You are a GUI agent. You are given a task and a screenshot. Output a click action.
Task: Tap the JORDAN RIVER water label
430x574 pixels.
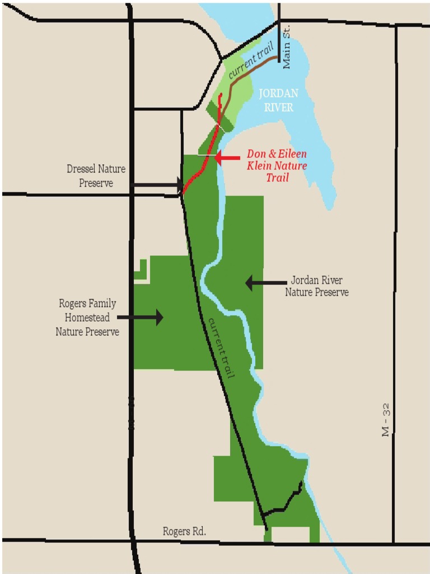[278, 100]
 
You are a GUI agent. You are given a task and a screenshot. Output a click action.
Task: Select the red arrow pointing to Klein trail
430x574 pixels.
[227, 159]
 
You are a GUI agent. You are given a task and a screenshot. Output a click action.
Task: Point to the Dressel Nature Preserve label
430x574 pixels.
[96, 175]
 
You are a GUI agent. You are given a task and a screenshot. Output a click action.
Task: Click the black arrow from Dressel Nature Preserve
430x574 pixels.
[157, 184]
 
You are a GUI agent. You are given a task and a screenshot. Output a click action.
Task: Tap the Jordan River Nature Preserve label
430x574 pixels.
[316, 286]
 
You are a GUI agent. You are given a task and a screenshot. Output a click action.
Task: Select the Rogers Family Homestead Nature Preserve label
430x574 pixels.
[87, 317]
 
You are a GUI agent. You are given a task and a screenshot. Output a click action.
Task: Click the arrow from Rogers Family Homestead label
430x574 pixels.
[140, 317]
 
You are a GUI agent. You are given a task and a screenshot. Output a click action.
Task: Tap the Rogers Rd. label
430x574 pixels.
[184, 531]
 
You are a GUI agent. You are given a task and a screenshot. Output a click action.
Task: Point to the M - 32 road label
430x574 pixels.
[385, 420]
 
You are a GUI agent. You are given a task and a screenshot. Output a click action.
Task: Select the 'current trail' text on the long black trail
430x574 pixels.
[221, 347]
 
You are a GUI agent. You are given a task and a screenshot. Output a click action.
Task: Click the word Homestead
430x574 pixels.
[87, 317]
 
